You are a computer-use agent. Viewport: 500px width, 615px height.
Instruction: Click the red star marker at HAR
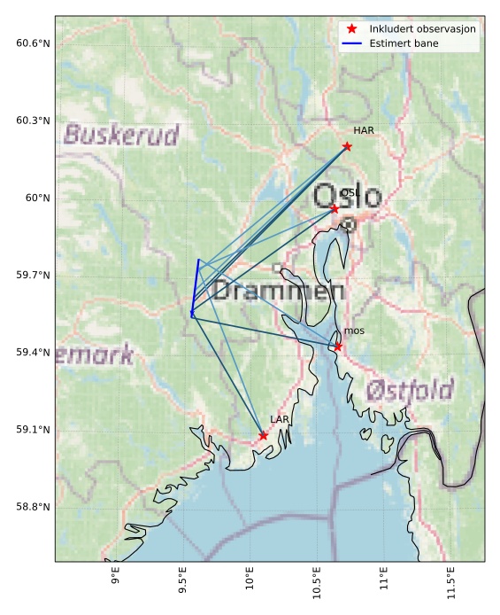pyautogui.click(x=347, y=146)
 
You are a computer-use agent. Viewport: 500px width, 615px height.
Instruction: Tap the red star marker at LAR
pyautogui.click(x=264, y=435)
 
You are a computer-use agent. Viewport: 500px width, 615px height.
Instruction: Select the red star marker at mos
pyautogui.click(x=338, y=346)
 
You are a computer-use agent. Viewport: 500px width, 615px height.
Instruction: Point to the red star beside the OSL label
pyautogui.click(x=335, y=208)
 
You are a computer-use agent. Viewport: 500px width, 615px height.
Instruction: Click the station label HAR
pyautogui.click(x=364, y=130)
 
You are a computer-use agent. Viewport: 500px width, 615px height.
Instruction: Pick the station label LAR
pyautogui.click(x=280, y=419)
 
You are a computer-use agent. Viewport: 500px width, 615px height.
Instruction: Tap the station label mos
pyautogui.click(x=354, y=331)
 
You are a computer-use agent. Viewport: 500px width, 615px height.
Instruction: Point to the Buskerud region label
pyautogui.click(x=121, y=136)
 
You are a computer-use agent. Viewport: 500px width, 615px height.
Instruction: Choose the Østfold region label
pyautogui.click(x=409, y=390)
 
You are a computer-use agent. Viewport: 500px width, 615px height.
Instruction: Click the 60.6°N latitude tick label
pyautogui.click(x=33, y=43)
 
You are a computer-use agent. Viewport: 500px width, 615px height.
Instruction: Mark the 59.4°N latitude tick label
pyautogui.click(x=33, y=353)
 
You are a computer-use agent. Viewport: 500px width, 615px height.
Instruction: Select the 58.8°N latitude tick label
pyautogui.click(x=33, y=507)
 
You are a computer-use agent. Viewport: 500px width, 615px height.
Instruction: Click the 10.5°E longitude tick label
pyautogui.click(x=317, y=584)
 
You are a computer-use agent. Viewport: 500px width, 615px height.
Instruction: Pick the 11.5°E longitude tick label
pyautogui.click(x=451, y=584)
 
